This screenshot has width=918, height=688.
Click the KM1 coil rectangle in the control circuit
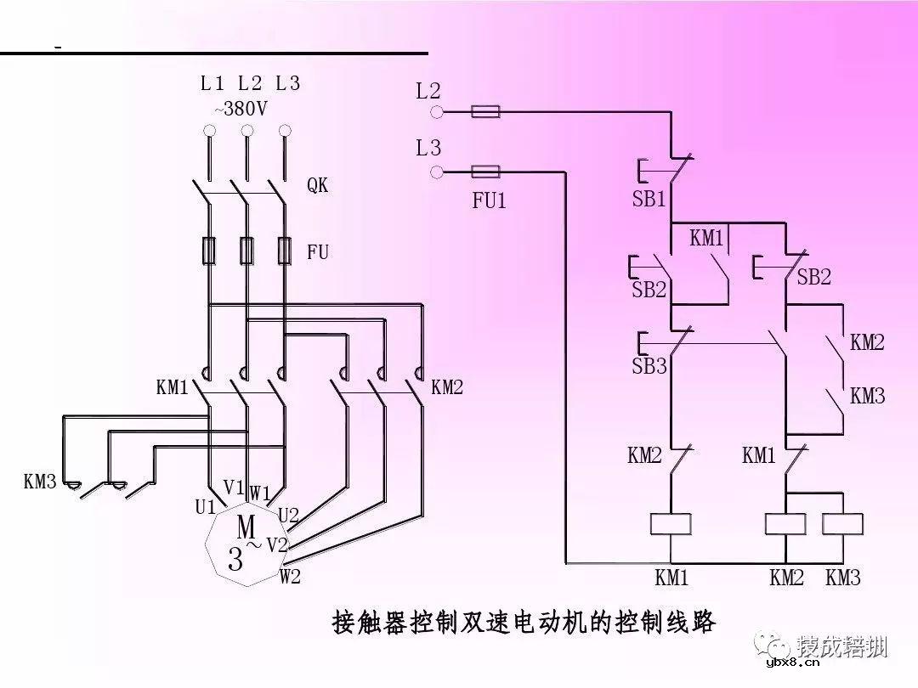click(671, 524)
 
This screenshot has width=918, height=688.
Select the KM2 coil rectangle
click(785, 524)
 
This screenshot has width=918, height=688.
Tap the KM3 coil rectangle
click(842, 524)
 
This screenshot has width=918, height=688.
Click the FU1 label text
click(489, 202)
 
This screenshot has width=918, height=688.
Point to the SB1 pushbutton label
click(649, 200)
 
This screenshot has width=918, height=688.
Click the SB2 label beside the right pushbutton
click(813, 277)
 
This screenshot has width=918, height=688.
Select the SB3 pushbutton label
click(649, 367)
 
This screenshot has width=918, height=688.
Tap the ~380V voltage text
click(241, 109)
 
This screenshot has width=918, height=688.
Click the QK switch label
click(317, 186)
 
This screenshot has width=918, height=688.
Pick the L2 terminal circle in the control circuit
click(437, 111)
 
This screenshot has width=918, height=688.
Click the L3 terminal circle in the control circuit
click(437, 172)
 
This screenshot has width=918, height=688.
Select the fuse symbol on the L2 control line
click(485, 111)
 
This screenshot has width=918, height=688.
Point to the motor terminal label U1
click(205, 507)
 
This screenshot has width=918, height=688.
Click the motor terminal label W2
click(291, 577)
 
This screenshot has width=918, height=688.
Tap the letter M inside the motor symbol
click(246, 525)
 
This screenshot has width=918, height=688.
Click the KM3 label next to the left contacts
click(40, 482)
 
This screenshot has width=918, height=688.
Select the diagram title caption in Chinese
click(523, 623)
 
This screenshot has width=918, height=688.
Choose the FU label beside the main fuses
click(318, 252)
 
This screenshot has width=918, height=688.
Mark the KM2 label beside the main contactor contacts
click(447, 388)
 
